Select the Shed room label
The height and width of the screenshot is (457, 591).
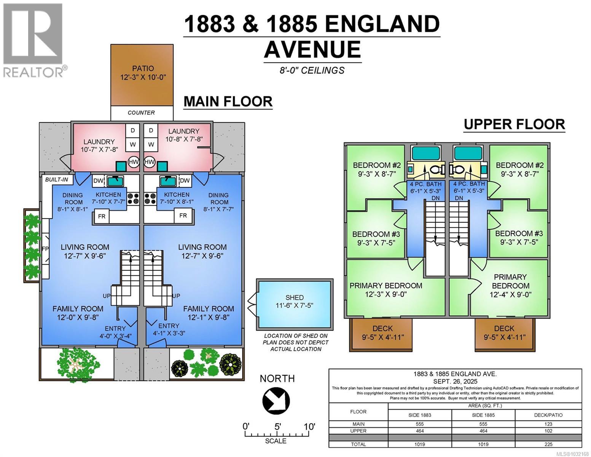tap(295, 301)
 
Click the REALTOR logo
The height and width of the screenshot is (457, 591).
tap(33, 40)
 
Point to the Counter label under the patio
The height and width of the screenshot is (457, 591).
tap(141, 113)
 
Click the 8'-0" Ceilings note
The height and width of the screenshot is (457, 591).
tap(312, 70)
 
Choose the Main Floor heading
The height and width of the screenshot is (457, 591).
tap(228, 102)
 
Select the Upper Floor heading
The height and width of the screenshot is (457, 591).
tap(514, 125)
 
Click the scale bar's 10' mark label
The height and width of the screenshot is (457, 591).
tap(309, 427)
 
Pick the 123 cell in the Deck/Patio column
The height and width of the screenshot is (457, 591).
tap(548, 424)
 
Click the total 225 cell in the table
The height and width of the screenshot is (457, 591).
tap(548, 444)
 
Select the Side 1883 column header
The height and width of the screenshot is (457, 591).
tap(420, 415)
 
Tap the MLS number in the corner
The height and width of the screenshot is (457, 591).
tap(573, 453)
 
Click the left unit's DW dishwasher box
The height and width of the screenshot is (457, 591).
tap(98, 181)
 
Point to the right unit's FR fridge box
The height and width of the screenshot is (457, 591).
tap(183, 216)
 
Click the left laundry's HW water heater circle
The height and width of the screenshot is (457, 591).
tap(133, 162)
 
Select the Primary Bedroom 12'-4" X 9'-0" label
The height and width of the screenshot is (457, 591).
tap(510, 286)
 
